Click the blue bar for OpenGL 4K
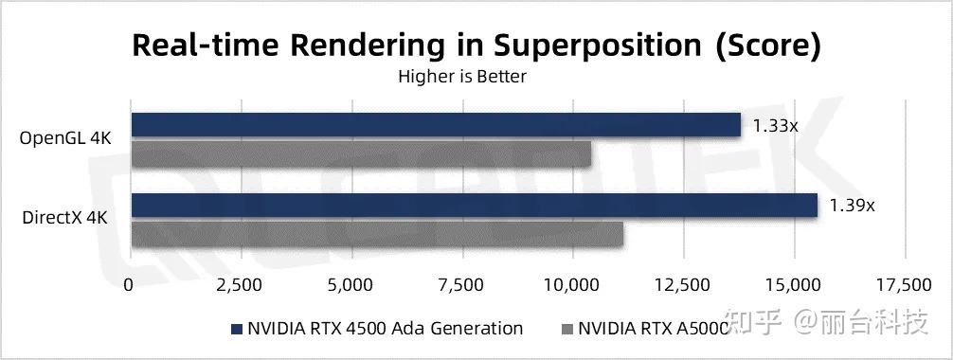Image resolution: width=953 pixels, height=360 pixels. pyautogui.click(x=436, y=125)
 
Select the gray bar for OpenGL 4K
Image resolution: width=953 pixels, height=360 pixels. pyautogui.click(x=361, y=153)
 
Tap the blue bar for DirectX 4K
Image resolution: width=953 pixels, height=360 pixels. pyautogui.click(x=474, y=206)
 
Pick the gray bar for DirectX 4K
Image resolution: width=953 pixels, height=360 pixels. pyautogui.click(x=377, y=234)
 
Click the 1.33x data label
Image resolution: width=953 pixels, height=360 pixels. pyautogui.click(x=776, y=124)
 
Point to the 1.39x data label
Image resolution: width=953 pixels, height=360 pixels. pyautogui.click(x=852, y=205)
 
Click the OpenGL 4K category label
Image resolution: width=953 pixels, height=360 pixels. pyautogui.click(x=65, y=139)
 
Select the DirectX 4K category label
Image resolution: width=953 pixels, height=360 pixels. pyautogui.click(x=64, y=219)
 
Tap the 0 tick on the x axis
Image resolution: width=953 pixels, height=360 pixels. pyautogui.click(x=130, y=285)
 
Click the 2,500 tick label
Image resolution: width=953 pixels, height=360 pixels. pyautogui.click(x=241, y=285)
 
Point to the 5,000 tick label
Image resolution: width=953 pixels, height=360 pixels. pyautogui.click(x=351, y=285)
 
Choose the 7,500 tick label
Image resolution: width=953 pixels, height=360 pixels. pyautogui.click(x=462, y=285)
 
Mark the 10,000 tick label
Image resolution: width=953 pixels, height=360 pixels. pyautogui.click(x=573, y=285)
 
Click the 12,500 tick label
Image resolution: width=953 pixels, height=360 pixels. pyautogui.click(x=684, y=285)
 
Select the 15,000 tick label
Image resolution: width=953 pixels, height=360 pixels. pyautogui.click(x=794, y=285)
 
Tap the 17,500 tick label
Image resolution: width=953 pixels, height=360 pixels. pyautogui.click(x=905, y=285)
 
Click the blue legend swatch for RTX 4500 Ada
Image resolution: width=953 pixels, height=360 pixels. pyautogui.click(x=235, y=330)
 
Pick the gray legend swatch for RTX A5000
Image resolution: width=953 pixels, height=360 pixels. pyautogui.click(x=566, y=330)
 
